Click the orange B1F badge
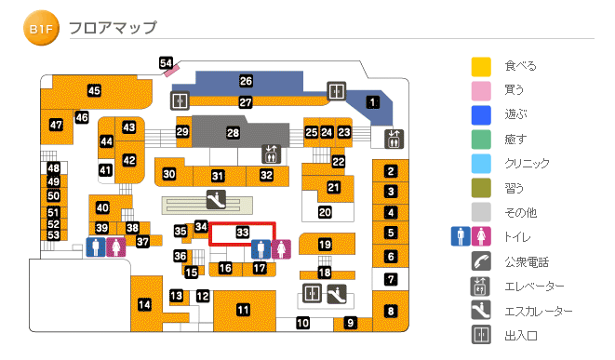[40, 29]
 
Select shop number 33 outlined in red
[242, 232]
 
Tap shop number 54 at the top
[167, 63]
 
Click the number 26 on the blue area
[246, 81]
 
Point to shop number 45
[94, 90]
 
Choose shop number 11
[243, 309]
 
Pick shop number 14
[144, 304]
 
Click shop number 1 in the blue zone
[373, 102]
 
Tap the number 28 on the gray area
[233, 134]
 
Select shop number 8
[391, 311]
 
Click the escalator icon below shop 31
[215, 198]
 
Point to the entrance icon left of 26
[180, 100]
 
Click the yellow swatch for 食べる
[481, 67]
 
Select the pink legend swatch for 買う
[481, 91]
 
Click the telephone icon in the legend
[481, 261]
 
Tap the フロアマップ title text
[113, 28]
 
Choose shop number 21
[333, 188]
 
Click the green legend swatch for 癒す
[481, 140]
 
